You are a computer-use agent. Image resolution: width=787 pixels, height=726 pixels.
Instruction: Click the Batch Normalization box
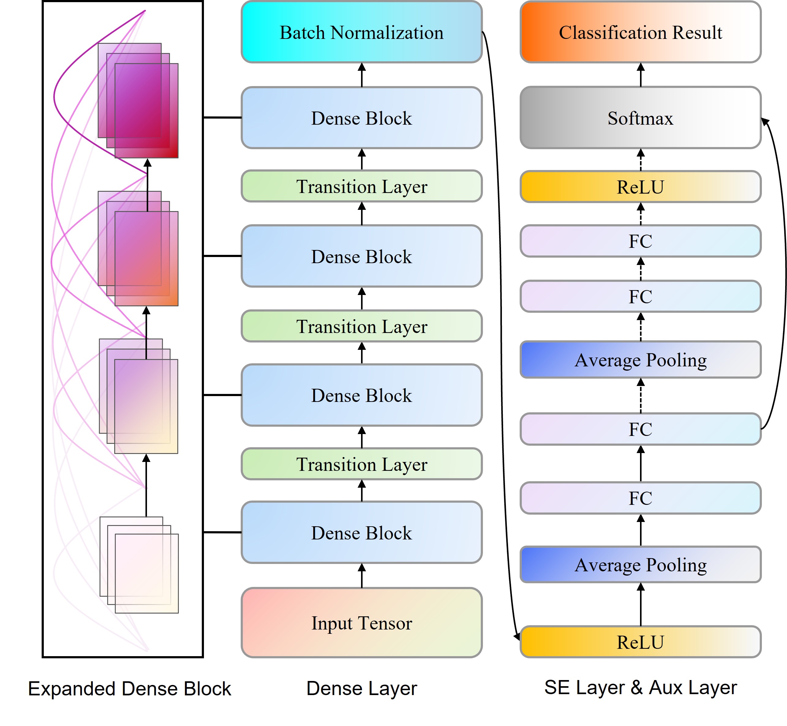361,32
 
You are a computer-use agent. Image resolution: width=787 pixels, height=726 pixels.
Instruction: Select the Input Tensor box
361,623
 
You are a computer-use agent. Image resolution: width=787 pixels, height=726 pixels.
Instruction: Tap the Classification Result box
640,32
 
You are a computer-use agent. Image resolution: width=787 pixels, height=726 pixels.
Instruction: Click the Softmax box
640,118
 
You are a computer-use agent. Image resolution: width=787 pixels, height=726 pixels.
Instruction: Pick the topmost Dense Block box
361,118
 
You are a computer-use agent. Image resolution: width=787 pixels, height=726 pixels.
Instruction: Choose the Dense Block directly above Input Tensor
361,533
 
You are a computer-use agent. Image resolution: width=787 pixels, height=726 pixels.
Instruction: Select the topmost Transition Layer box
361,186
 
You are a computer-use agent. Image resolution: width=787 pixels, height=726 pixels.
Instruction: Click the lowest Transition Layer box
361,464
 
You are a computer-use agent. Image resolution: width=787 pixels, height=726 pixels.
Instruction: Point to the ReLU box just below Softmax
640,187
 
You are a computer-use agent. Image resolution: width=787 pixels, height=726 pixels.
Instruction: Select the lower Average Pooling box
640,565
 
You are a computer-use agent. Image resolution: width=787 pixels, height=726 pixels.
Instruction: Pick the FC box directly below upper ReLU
640,241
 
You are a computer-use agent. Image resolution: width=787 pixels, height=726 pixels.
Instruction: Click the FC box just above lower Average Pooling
640,498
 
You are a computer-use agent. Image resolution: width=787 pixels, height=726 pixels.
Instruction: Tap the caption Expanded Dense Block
130,689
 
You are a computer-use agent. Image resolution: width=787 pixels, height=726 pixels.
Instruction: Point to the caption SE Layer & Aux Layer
640,688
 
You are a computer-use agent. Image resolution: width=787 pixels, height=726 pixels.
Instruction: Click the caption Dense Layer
361,689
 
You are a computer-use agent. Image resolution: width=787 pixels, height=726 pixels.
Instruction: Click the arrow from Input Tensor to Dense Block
362,576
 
